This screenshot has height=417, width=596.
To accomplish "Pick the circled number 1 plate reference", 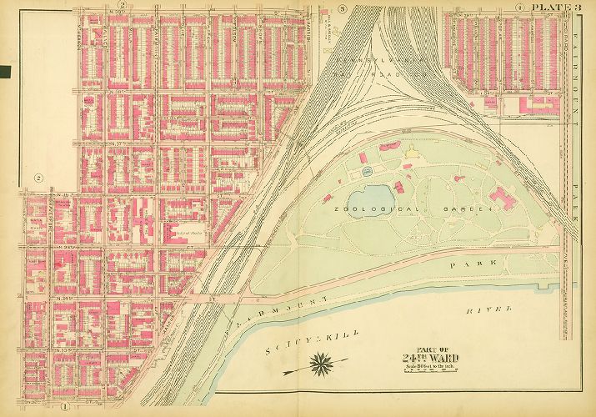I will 63,406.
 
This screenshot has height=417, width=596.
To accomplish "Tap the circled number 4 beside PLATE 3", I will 518,8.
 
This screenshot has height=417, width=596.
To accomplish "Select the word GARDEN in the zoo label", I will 463,208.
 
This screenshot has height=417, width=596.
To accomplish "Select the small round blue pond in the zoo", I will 367,172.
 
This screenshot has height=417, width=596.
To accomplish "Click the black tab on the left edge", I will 4,72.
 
